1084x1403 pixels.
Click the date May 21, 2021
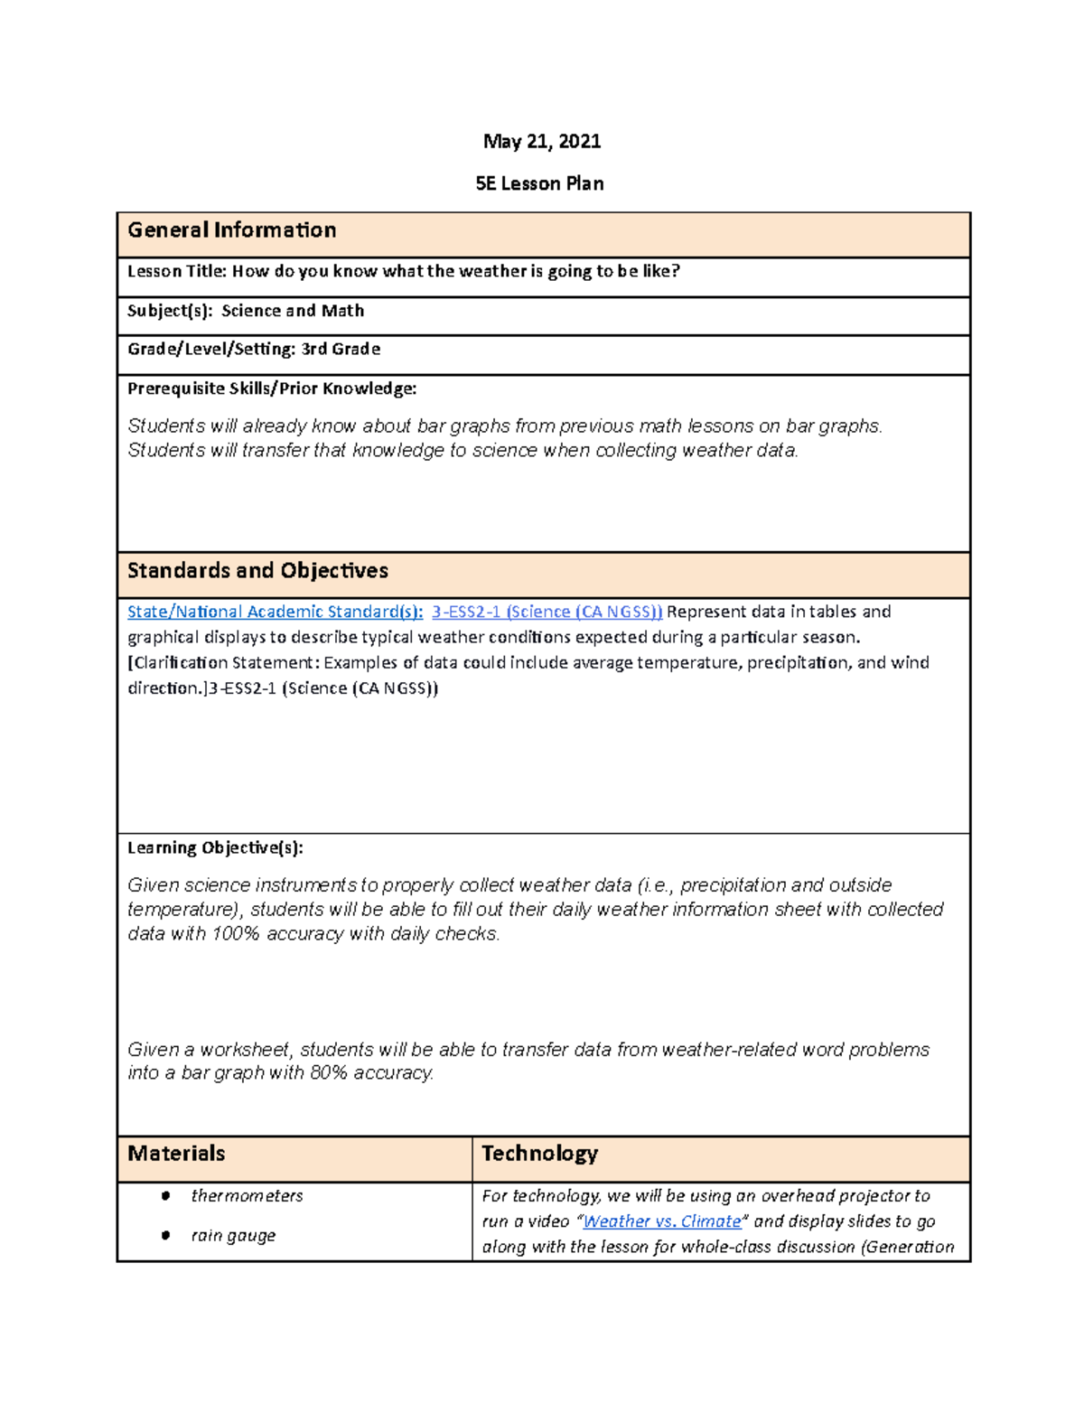[x=541, y=141]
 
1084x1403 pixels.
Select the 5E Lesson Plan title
[x=539, y=183]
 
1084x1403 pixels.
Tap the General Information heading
[x=231, y=230]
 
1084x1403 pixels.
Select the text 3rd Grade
[x=341, y=349]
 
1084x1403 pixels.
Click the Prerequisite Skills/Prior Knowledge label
[x=272, y=388]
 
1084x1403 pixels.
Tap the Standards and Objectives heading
[x=257, y=571]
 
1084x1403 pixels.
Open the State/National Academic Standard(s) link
[x=275, y=612]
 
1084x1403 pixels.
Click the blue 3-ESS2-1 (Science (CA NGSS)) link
[x=547, y=612]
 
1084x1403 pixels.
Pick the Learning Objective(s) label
[x=215, y=847]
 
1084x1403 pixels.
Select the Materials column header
[x=176, y=1154]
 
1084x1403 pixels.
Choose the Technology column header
[x=539, y=1154]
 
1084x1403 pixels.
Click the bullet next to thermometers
[x=165, y=1196]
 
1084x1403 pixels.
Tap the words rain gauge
[x=233, y=1236]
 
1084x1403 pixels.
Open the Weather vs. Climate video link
[x=661, y=1221]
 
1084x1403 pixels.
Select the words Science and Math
[x=293, y=311]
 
